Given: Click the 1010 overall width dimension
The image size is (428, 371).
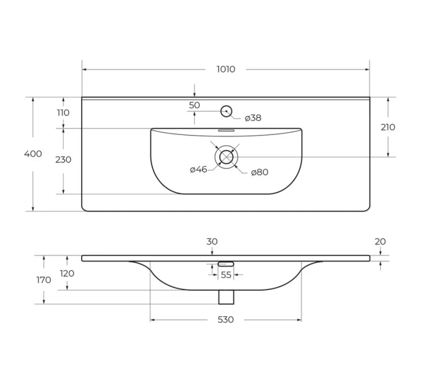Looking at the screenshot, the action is (226, 69).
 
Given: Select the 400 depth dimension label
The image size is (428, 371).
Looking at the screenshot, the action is (33, 154).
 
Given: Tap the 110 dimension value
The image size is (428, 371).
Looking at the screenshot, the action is (63, 113).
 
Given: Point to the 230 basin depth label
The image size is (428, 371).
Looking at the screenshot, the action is (64, 160).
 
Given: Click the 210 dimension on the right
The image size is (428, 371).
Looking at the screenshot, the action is (388, 127).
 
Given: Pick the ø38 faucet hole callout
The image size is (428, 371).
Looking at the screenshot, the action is (253, 118).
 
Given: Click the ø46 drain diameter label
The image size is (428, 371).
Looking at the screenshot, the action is (199, 169).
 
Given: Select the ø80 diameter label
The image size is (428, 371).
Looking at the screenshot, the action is (259, 172).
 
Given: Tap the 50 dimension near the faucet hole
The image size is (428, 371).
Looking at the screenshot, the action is (194, 105).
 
